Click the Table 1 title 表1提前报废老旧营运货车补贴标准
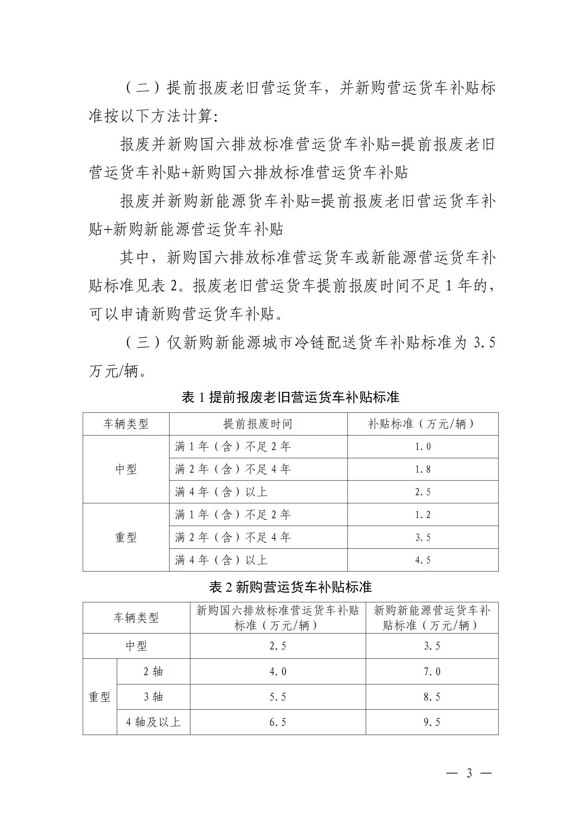pyautogui.click(x=290, y=397)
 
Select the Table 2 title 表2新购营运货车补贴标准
pyautogui.click(x=290, y=587)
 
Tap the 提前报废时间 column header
pyautogui.click(x=258, y=424)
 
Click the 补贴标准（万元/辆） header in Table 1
pyautogui.click(x=422, y=424)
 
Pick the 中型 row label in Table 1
pyautogui.click(x=126, y=469)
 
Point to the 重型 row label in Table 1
pyautogui.click(x=126, y=537)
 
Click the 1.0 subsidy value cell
pyautogui.click(x=423, y=447)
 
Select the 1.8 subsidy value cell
pyautogui.click(x=423, y=470)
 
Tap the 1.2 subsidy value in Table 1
pyautogui.click(x=423, y=515)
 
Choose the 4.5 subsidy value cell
pyautogui.click(x=423, y=560)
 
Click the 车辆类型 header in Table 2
pyautogui.click(x=136, y=618)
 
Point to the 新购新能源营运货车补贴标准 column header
pyautogui.click(x=432, y=618)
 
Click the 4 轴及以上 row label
pyautogui.click(x=153, y=722)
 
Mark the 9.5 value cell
pyautogui.click(x=432, y=722)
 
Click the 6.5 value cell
pyautogui.click(x=278, y=722)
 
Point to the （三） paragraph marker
pyautogui.click(x=143, y=343)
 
